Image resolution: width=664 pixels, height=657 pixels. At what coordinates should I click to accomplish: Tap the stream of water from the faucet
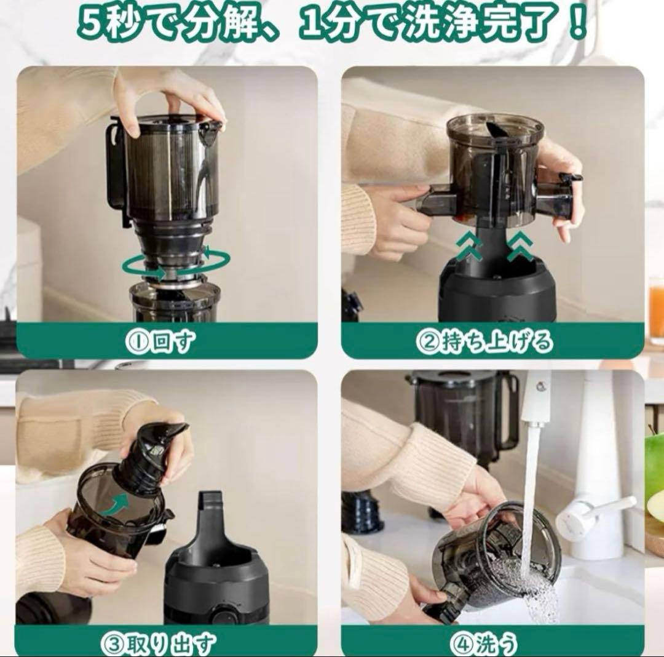(530, 492)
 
